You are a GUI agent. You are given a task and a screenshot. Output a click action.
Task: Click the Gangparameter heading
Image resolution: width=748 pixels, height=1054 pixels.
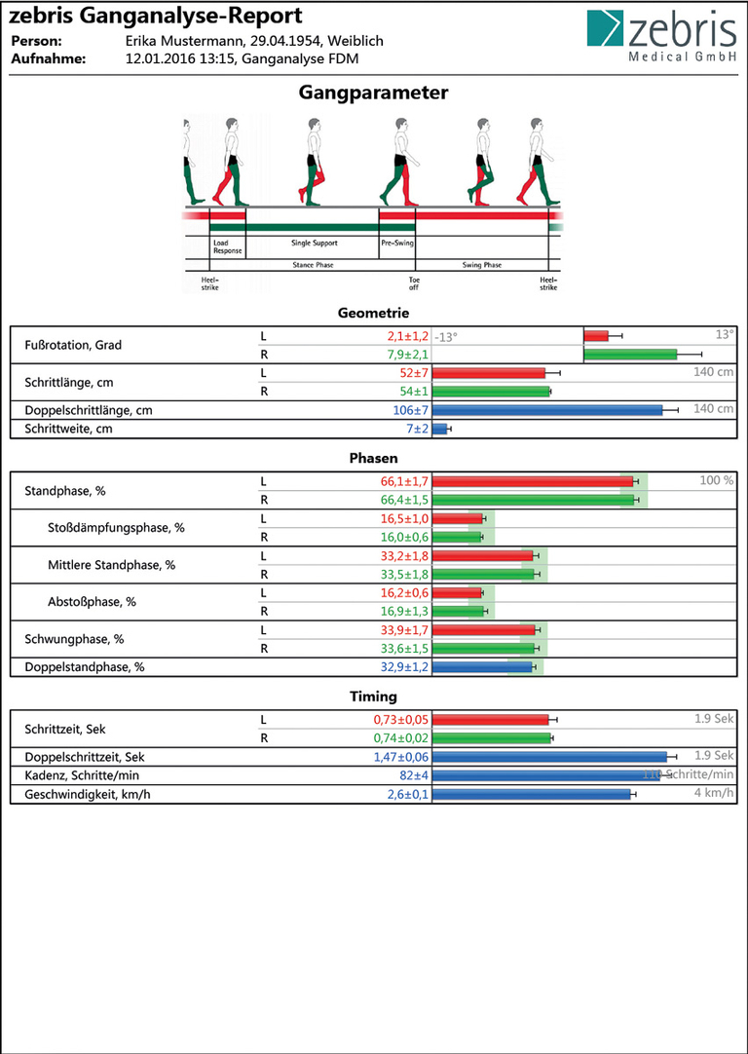(374, 94)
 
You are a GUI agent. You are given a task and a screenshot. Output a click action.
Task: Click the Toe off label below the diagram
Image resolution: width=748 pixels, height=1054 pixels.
(413, 282)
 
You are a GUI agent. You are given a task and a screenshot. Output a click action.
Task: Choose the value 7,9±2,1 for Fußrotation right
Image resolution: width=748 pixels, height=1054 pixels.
(402, 354)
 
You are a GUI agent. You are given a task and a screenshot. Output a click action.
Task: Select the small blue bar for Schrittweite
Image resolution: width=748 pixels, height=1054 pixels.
(439, 429)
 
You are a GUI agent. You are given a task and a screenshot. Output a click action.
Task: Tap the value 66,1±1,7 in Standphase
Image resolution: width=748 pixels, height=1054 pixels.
(402, 481)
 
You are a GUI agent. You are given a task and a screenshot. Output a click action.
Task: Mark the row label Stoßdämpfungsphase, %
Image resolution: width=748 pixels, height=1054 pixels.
(116, 528)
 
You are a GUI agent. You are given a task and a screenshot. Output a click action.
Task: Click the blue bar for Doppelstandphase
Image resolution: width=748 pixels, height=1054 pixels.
(482, 667)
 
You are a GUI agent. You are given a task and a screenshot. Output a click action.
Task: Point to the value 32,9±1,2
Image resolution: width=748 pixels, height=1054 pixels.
(402, 667)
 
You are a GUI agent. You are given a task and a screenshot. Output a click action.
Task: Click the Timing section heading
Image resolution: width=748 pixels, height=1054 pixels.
(373, 696)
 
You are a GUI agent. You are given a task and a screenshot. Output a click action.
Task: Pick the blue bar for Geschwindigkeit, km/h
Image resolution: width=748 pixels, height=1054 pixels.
(532, 795)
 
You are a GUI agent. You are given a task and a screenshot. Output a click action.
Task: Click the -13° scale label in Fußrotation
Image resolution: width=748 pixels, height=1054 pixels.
(446, 337)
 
